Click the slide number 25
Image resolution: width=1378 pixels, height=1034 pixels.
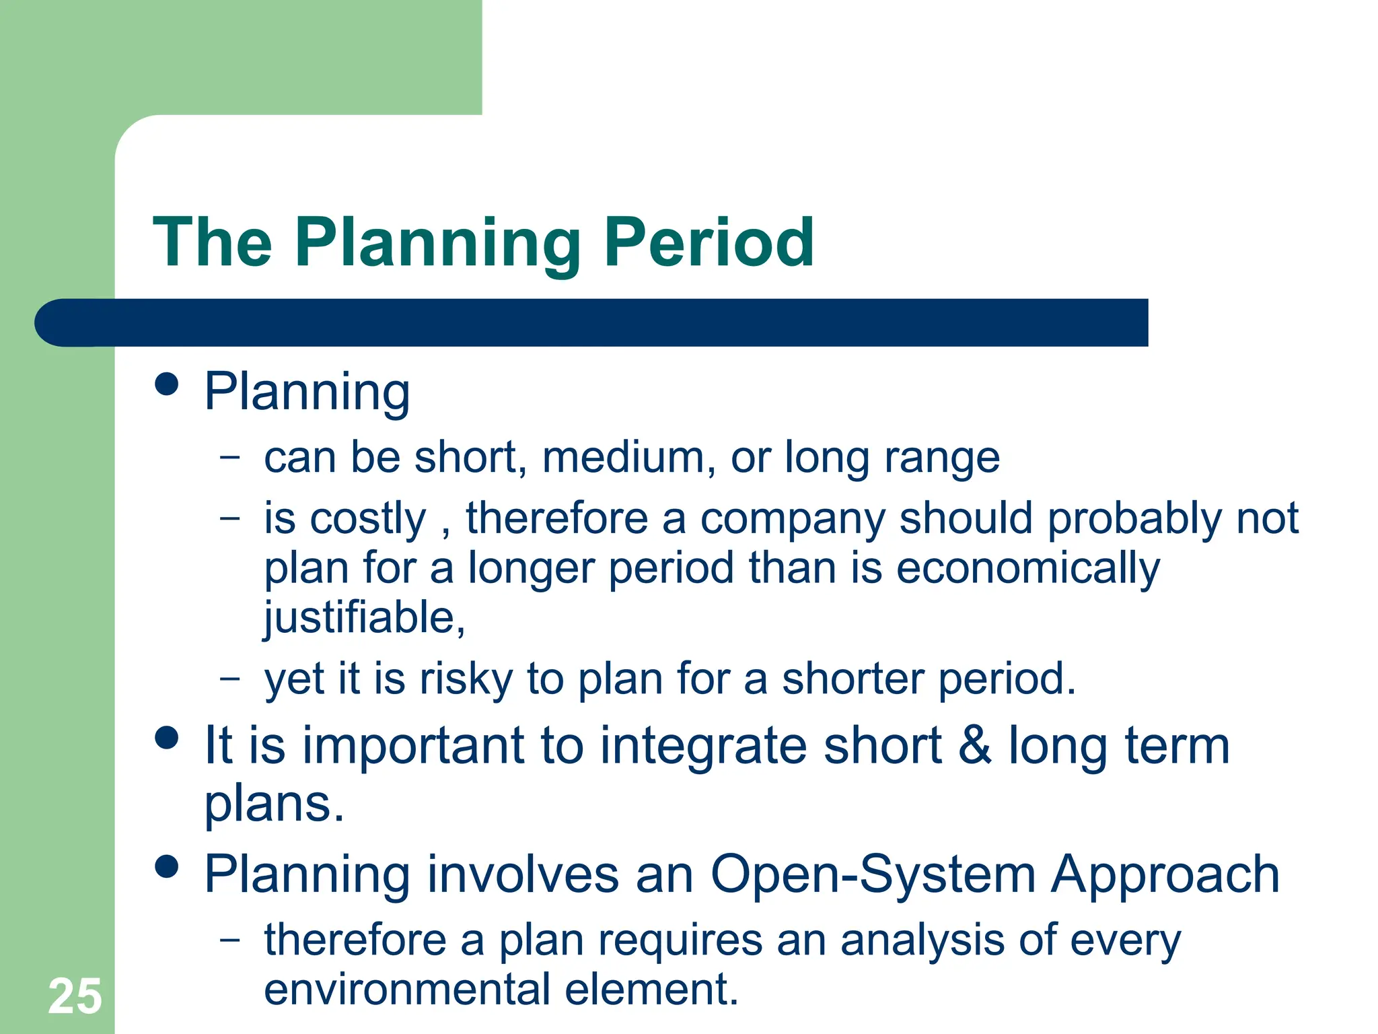(75, 996)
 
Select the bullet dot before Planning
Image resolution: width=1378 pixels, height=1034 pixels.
(166, 384)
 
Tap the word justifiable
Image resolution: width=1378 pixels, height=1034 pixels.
(363, 618)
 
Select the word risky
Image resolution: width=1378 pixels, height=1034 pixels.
(466, 679)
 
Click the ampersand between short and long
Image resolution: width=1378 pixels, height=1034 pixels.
(975, 746)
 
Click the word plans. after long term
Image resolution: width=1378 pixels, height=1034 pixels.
(274, 805)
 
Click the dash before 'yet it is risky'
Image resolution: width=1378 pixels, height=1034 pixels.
(229, 677)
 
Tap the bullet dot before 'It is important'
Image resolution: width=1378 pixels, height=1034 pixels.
(166, 737)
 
